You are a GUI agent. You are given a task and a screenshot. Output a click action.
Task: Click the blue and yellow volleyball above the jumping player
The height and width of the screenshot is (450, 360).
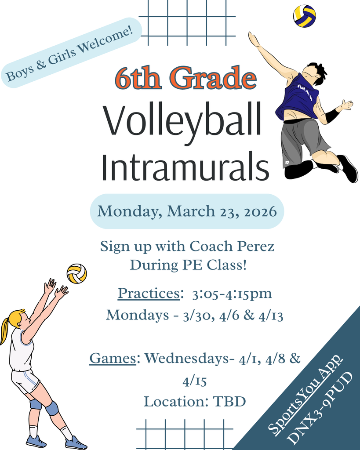click(x=304, y=16)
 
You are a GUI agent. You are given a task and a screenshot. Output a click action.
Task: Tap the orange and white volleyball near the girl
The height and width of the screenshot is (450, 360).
click(x=76, y=273)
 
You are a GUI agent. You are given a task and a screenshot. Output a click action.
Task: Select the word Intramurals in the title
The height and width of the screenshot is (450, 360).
click(x=185, y=167)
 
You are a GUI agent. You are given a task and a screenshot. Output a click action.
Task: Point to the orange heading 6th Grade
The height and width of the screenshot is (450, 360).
click(x=185, y=78)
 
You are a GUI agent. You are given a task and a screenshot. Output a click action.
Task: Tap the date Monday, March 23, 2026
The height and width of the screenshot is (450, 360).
click(x=187, y=211)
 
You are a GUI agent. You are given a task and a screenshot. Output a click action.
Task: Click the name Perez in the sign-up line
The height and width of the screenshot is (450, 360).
click(x=256, y=246)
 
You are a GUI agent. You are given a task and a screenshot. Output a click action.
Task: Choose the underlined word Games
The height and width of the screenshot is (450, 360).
click(x=113, y=359)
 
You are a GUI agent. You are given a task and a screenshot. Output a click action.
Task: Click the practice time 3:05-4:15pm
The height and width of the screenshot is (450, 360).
click(x=232, y=294)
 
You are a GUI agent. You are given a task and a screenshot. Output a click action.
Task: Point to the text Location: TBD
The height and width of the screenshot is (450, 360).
click(x=194, y=401)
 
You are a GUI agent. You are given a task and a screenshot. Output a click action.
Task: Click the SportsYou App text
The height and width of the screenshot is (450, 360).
click(x=305, y=395)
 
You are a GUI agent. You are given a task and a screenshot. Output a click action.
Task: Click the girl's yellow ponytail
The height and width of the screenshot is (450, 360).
click(x=5, y=327)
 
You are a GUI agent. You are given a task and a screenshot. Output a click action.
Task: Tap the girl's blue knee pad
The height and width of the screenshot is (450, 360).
click(x=52, y=408)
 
